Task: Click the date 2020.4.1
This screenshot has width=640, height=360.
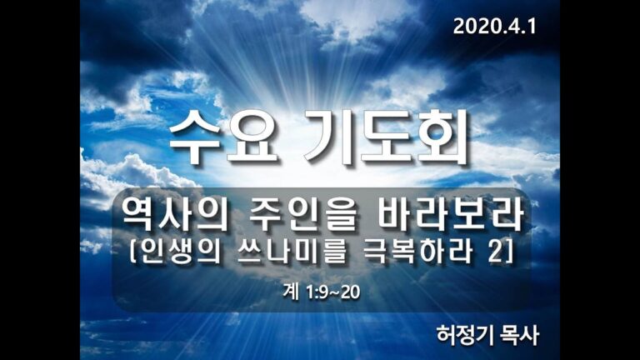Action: tap(495, 26)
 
